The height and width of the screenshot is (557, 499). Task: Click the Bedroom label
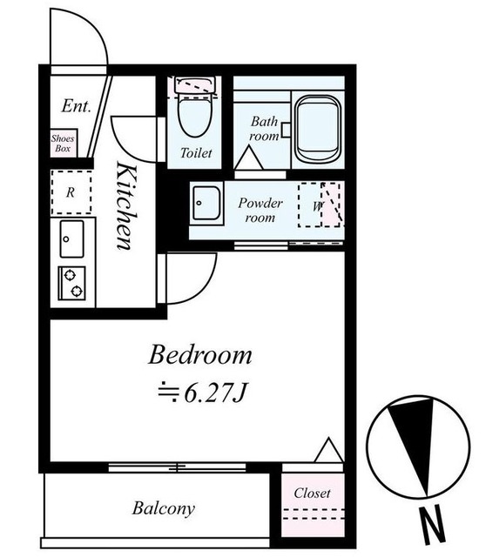[200, 355]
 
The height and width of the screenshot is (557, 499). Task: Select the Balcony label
[164, 508]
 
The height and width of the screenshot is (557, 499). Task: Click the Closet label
[312, 493]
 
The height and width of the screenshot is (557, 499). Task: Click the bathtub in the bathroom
[317, 129]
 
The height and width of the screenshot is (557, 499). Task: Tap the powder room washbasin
[206, 203]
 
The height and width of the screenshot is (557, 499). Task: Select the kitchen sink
[71, 238]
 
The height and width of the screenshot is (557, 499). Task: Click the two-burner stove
[71, 283]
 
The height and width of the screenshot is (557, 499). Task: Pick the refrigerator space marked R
[71, 192]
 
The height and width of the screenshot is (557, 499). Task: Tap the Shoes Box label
[63, 143]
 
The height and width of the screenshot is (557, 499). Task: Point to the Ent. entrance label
[76, 106]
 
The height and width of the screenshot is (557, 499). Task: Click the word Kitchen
[126, 205]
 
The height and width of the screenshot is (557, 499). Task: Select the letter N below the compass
[432, 524]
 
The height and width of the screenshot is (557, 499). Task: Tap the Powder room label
[260, 210]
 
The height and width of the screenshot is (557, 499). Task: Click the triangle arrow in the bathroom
[248, 158]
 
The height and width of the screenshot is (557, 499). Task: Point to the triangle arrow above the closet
[329, 451]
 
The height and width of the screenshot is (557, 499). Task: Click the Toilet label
[196, 153]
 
